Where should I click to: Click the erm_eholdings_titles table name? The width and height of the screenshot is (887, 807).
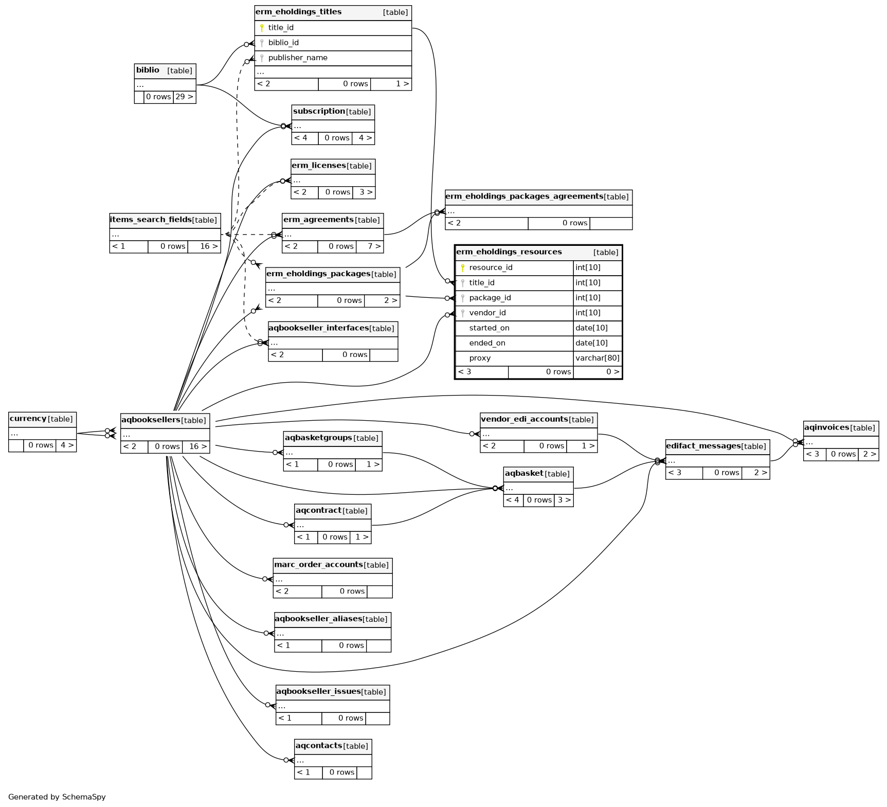(x=298, y=12)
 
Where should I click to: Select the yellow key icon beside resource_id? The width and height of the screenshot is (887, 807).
(x=463, y=267)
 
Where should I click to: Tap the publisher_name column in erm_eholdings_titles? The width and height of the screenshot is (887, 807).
(x=298, y=58)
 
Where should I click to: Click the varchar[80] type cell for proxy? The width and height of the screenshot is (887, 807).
(x=597, y=358)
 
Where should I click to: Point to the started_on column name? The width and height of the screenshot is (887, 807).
(x=489, y=328)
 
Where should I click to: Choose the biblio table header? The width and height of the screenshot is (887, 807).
(x=148, y=70)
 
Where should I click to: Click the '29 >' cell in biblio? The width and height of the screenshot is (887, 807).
(x=184, y=97)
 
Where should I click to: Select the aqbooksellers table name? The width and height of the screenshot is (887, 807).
(x=151, y=420)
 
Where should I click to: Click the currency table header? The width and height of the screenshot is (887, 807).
(x=28, y=419)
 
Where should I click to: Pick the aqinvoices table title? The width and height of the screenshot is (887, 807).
(x=826, y=427)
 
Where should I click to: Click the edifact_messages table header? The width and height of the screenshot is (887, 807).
(x=703, y=446)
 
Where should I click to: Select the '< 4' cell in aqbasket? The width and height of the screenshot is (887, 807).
(x=513, y=500)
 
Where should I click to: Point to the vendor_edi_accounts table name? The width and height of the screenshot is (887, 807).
(x=524, y=419)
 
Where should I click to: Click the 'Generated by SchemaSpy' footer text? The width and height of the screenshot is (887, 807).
(x=57, y=797)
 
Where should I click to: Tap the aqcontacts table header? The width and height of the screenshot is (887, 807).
(x=319, y=746)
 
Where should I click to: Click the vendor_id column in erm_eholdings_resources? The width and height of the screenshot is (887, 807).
(x=487, y=313)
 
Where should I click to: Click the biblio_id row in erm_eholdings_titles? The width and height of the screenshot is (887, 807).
(x=283, y=43)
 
